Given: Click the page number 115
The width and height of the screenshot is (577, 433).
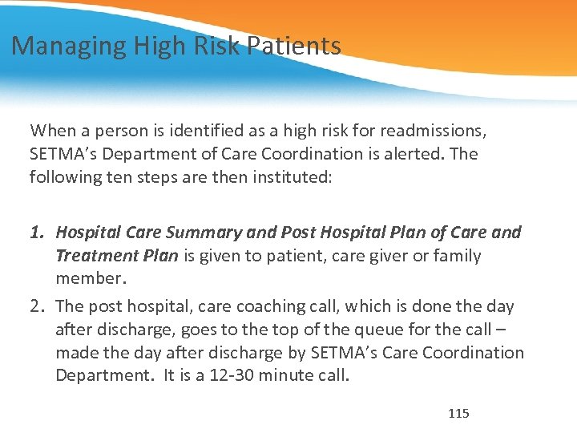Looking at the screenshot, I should click(458, 414).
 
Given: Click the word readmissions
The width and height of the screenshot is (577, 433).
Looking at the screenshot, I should click(435, 130).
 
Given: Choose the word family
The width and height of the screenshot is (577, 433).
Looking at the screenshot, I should click(455, 256).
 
